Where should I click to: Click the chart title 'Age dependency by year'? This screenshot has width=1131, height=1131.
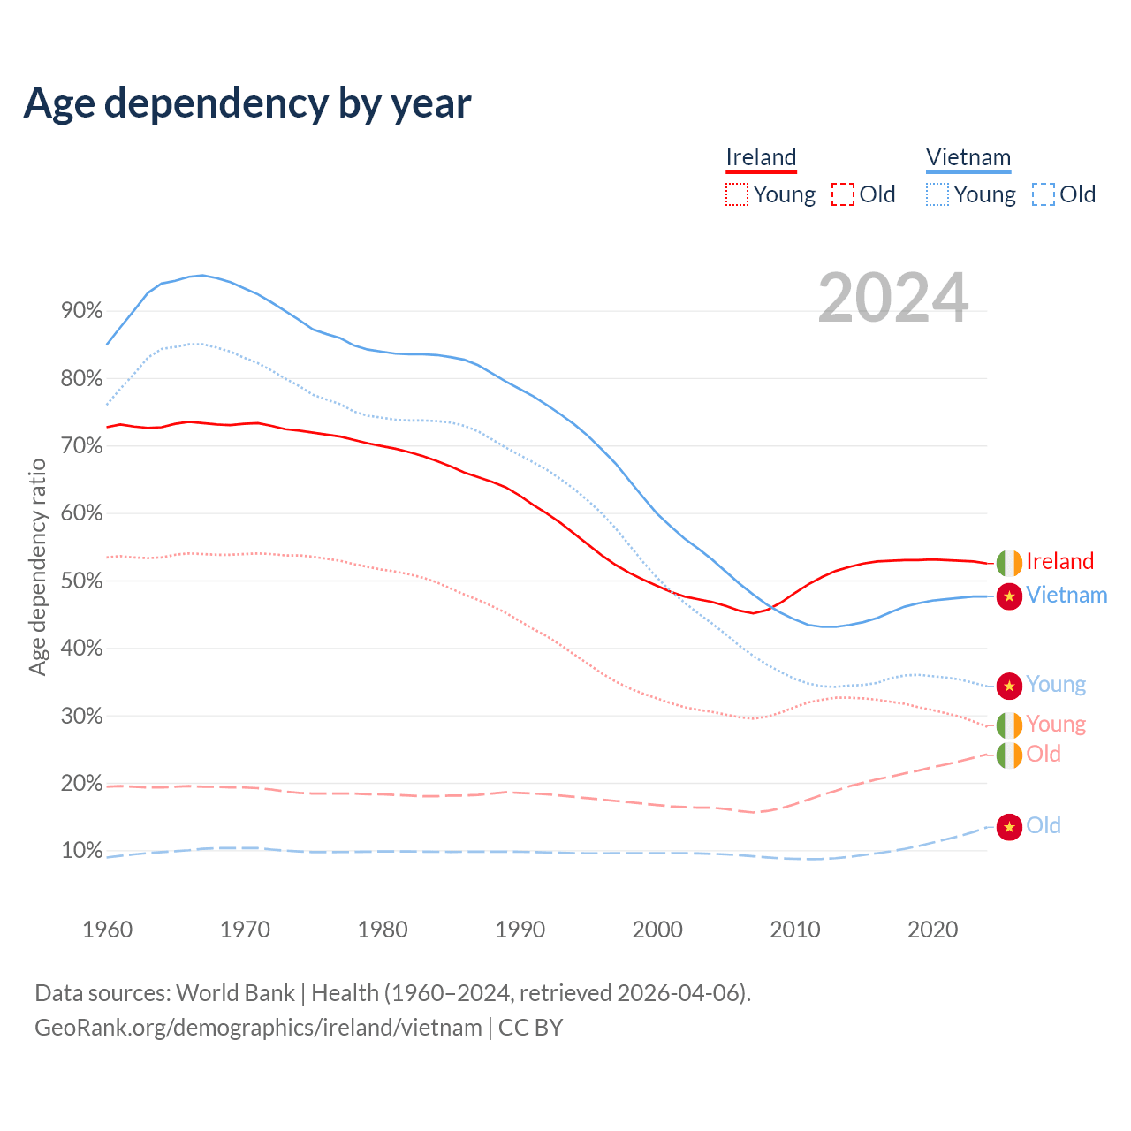247,103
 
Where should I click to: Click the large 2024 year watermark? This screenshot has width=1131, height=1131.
892,298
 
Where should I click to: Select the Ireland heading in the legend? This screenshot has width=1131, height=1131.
761,158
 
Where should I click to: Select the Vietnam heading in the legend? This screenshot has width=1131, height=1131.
968,158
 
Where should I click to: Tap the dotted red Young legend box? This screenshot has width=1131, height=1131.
736,194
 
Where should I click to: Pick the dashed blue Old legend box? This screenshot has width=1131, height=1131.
1044,194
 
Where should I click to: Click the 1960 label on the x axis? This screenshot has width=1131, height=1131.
107,930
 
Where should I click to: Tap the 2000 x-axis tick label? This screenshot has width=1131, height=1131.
657,930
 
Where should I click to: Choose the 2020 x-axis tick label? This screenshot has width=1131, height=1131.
933,930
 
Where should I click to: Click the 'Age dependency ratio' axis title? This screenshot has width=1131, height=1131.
37,566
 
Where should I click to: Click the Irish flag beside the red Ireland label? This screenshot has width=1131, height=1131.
1009,562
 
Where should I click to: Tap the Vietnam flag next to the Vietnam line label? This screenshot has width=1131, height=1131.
1009,596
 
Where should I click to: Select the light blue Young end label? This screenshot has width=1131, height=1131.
1056,685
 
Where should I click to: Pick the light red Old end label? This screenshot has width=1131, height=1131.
1044,755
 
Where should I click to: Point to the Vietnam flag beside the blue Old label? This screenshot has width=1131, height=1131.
1009,827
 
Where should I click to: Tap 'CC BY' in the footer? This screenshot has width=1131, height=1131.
530,1028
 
